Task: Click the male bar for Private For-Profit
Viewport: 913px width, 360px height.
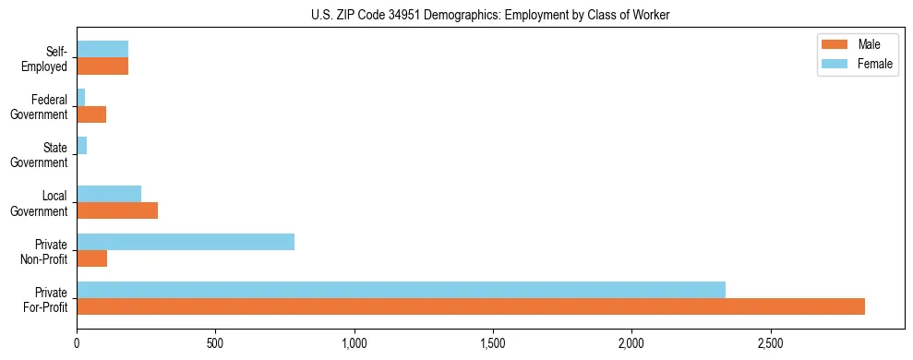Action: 471,306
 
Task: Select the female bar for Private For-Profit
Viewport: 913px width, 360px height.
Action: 401,290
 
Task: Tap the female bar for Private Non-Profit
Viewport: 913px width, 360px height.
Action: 186,242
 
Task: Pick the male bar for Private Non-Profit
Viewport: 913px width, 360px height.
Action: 91,258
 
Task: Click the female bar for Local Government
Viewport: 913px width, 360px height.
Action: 109,194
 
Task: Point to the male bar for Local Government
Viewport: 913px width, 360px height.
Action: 117,210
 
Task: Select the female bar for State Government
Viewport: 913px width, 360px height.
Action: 81,146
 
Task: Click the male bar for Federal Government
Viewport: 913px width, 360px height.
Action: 91,114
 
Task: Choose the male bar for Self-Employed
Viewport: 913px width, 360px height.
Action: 102,66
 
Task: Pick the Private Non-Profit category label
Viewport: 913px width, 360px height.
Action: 47,250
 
